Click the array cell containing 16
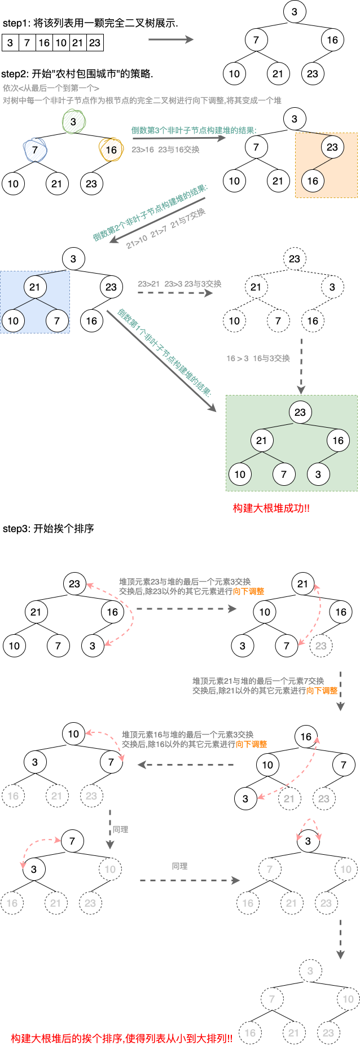[44, 43]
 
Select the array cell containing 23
[95, 43]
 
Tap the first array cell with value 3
[10, 43]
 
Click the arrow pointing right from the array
[170, 39]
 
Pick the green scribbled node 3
[73, 121]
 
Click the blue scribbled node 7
[35, 150]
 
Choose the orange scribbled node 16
[111, 150]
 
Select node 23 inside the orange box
[332, 147]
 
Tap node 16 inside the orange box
[313, 181]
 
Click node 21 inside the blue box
[35, 287]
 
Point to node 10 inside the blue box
[13, 321]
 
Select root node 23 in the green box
[300, 412]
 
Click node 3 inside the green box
[318, 475]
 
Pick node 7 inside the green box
[284, 475]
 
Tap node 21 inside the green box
[261, 441]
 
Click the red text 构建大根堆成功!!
[271, 508]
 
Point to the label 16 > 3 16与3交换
[258, 358]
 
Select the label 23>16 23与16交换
[165, 150]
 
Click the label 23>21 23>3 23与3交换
[179, 284]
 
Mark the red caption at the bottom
[121, 1039]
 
